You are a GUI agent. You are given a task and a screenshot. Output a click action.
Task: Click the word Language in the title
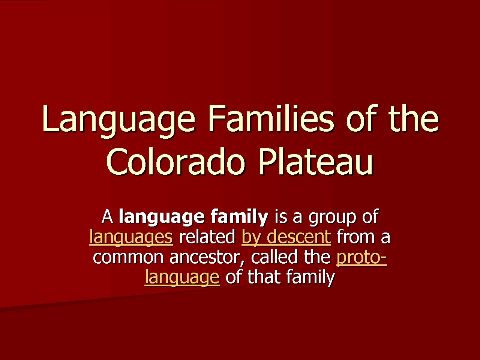pyautogui.click(x=118, y=121)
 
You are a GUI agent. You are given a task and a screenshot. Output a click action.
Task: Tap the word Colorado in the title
pyautogui.click(x=175, y=162)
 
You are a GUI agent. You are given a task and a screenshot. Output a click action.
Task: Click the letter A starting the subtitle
pyautogui.click(x=107, y=217)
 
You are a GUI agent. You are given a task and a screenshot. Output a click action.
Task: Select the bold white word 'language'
pyautogui.click(x=162, y=217)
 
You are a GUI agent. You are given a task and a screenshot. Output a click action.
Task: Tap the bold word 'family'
pyautogui.click(x=239, y=217)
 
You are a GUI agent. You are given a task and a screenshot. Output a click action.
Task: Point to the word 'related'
pyautogui.click(x=207, y=237)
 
